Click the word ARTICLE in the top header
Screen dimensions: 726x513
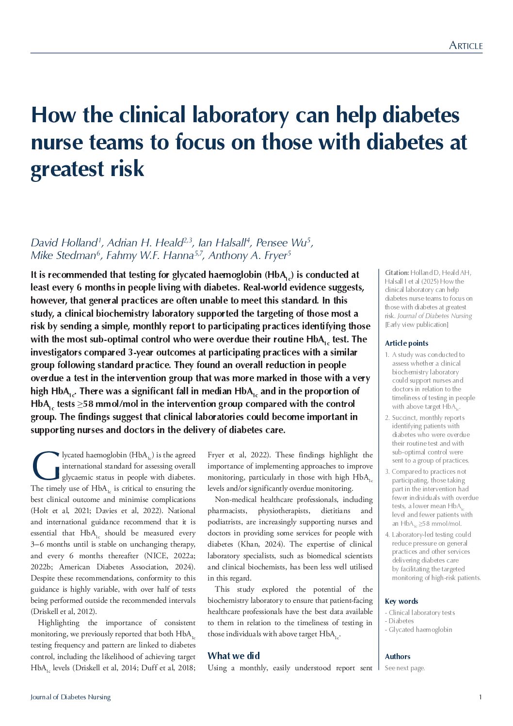(x=465, y=46)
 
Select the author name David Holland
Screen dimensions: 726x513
(x=64, y=242)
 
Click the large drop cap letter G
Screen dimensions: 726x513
(x=46, y=466)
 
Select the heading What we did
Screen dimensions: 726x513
(x=234, y=656)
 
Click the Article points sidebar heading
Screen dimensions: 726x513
(x=406, y=343)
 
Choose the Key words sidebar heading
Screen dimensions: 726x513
(x=401, y=601)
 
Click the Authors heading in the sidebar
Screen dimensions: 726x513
(x=397, y=657)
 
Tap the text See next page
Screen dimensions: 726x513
(x=404, y=668)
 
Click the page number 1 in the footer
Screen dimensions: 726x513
(x=480, y=697)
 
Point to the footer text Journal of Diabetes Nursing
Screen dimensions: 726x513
(x=70, y=697)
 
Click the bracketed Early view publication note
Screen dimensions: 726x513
(x=417, y=324)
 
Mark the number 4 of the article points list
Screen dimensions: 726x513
(x=387, y=534)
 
